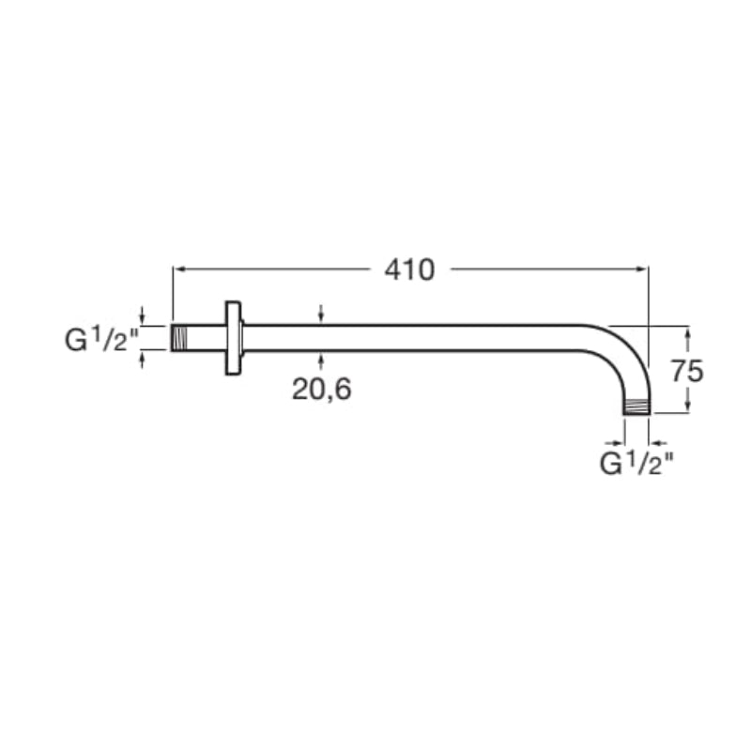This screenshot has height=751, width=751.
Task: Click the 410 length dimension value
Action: point(409,269)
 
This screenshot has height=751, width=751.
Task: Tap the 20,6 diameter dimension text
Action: point(321,389)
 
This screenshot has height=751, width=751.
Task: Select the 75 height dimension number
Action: point(687,371)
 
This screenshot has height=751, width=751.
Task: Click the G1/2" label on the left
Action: point(102,340)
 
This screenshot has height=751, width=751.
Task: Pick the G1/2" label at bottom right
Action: point(637,463)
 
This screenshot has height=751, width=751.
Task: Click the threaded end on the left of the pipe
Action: point(178,338)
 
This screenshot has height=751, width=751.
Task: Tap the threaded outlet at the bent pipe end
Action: point(636,407)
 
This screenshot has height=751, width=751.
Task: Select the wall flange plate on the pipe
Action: point(233,338)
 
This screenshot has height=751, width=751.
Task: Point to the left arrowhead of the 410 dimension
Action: point(178,269)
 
